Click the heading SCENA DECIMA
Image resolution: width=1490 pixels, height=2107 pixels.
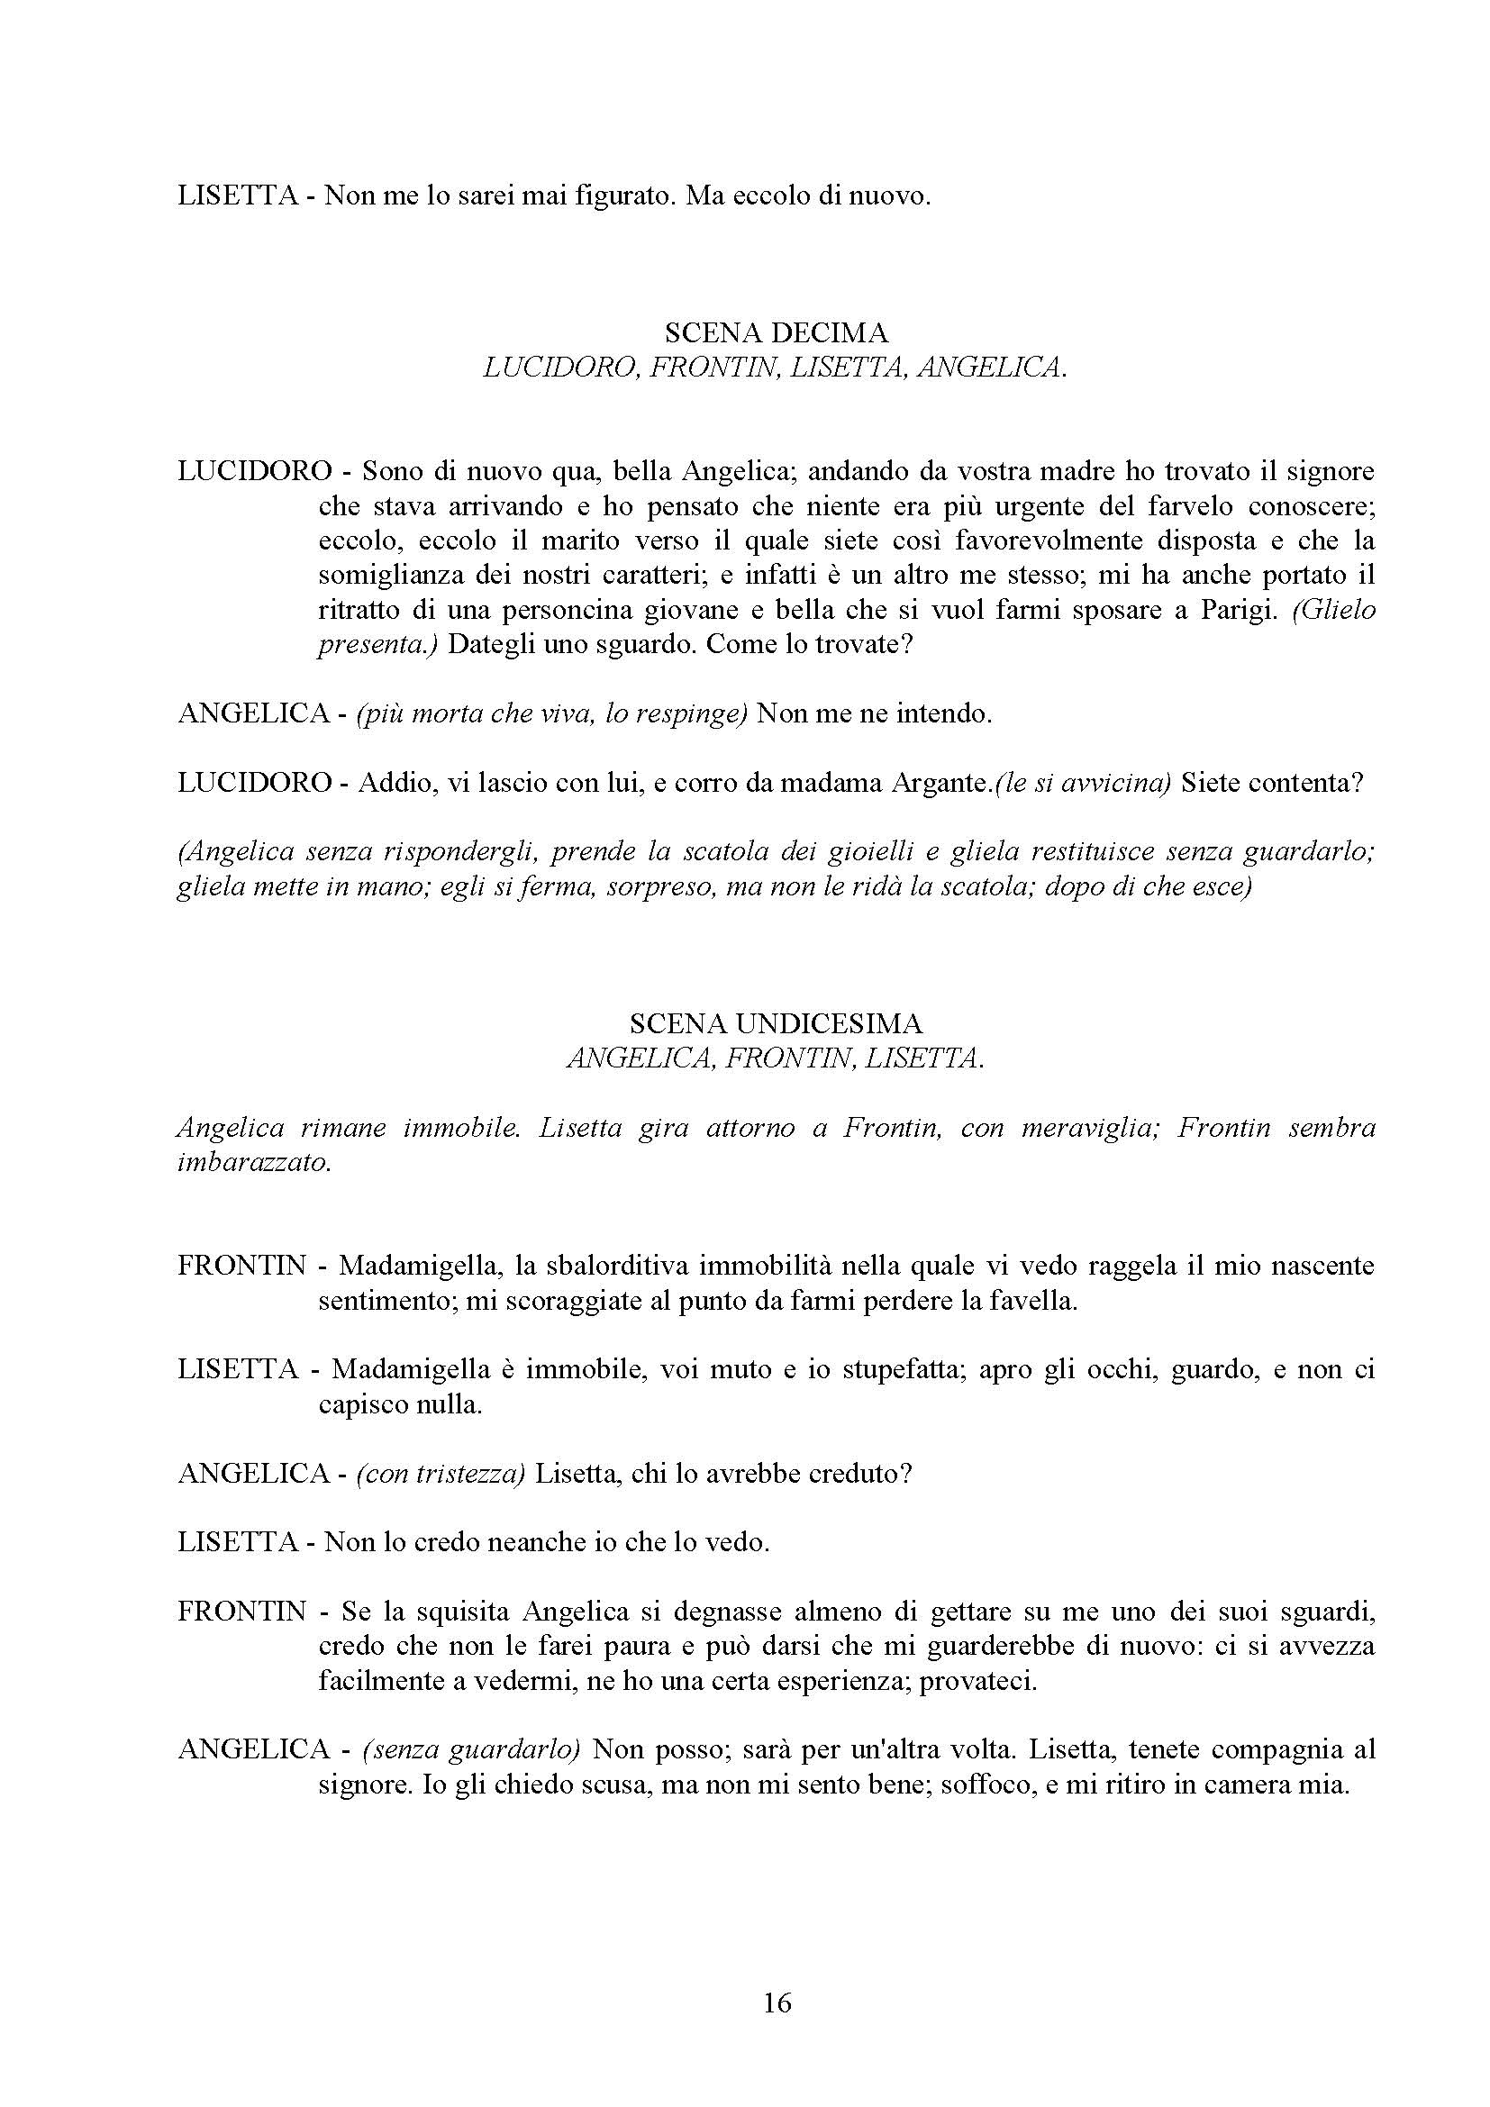[x=777, y=331]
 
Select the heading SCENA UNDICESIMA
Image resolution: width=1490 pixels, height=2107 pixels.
[x=777, y=1023]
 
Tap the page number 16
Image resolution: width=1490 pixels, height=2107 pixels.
[x=777, y=2003]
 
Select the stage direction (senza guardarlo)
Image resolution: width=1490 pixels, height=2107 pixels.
[x=471, y=1749]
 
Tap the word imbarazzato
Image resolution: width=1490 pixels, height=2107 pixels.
[x=252, y=1163]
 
